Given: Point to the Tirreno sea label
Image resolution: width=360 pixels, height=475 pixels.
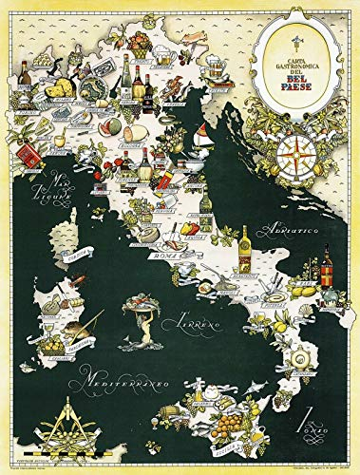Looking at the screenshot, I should tap(194, 324).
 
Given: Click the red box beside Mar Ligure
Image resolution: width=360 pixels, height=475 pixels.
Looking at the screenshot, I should tap(32, 157).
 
